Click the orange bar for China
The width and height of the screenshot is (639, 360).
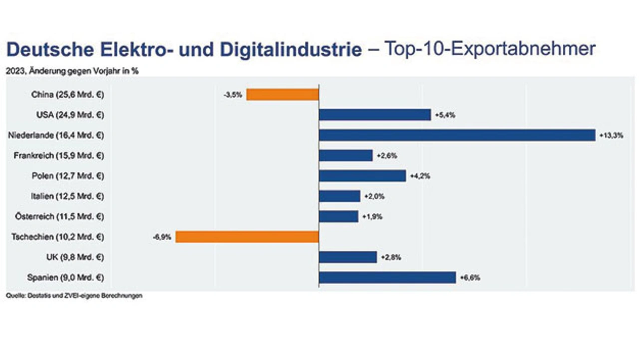tap(282, 95)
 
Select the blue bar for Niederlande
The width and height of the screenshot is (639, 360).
tap(457, 135)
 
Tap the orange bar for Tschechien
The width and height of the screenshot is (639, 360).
tap(247, 237)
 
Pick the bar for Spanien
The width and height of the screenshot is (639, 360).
tap(387, 278)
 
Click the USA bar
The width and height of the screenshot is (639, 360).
tap(375, 115)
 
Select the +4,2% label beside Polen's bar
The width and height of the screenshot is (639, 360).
tap(420, 176)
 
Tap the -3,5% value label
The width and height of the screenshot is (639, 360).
tap(233, 95)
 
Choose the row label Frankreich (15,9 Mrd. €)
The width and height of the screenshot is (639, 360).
tap(59, 156)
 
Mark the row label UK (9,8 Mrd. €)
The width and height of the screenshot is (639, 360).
tap(74, 257)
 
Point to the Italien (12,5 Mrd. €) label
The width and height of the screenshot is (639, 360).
tap(68, 196)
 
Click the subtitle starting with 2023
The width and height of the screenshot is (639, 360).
tap(72, 71)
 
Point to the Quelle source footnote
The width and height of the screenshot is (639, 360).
tap(74, 296)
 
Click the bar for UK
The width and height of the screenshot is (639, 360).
tap(348, 257)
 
